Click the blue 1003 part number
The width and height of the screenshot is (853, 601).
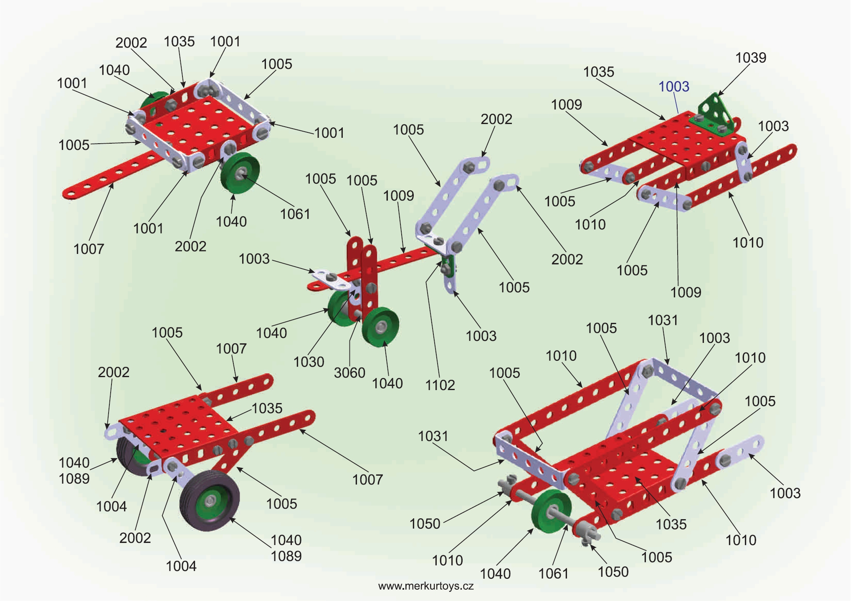coord(673,86)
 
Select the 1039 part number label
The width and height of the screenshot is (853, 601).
coord(750,58)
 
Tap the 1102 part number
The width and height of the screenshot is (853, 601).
coord(440,385)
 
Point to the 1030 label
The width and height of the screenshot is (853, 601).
coord(309,362)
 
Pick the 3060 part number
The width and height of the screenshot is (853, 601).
coord(349,372)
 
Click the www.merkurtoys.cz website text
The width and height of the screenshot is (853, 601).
coord(425,586)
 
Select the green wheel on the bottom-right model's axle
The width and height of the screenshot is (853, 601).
coord(551,512)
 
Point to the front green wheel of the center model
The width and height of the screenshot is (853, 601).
coord(380,326)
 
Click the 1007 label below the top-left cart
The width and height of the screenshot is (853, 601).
coord(89,249)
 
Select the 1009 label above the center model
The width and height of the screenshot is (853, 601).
coord(398,195)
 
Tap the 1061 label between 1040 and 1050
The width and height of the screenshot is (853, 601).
coord(553,574)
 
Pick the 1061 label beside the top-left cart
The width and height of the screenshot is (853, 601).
coord(295,214)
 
